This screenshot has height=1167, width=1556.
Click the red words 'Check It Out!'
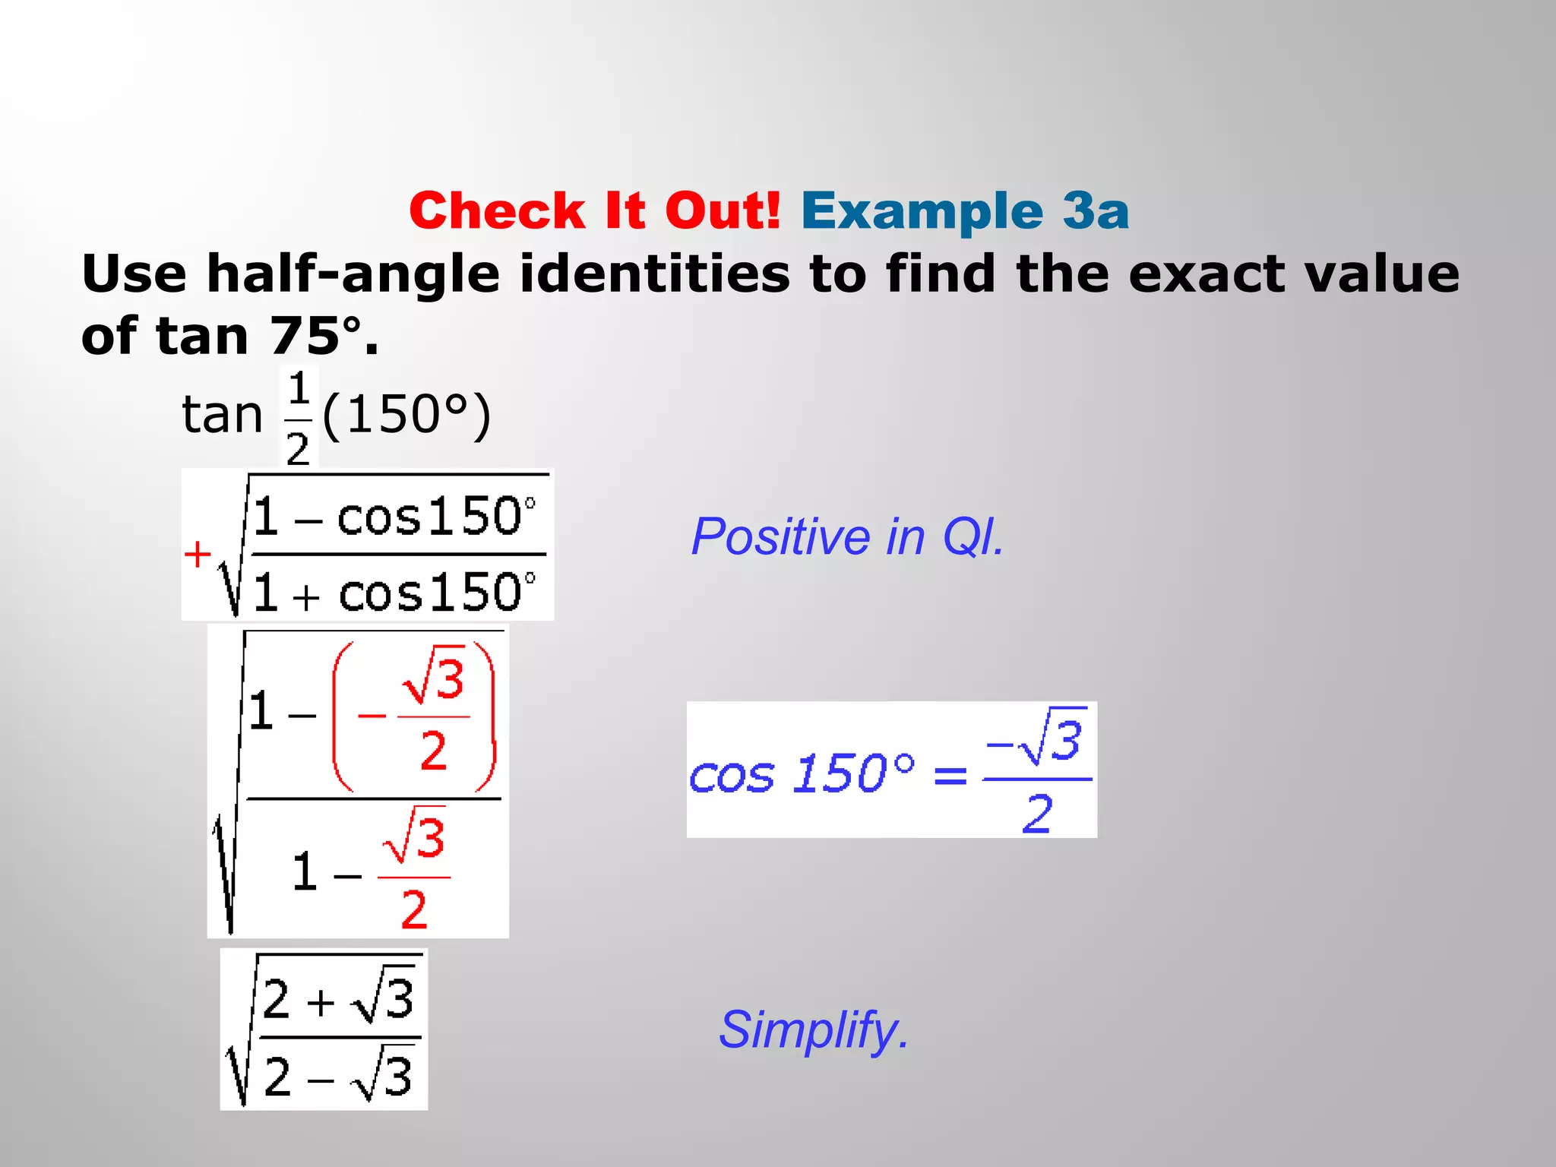click(x=595, y=210)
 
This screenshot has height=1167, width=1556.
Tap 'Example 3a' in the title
click(x=965, y=210)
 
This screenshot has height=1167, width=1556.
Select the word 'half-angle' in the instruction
click(x=353, y=274)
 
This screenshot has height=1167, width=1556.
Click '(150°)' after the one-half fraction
click(x=406, y=415)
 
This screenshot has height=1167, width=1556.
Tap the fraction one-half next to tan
click(x=298, y=418)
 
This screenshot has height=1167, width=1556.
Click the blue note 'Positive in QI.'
click(x=847, y=537)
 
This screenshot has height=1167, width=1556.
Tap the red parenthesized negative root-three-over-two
click(x=414, y=716)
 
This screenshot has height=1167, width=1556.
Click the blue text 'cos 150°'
click(x=802, y=775)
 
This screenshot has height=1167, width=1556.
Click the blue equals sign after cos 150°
click(x=950, y=776)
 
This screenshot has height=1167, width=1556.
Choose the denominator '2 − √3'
click(x=338, y=1077)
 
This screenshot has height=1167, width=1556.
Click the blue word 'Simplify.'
click(x=814, y=1030)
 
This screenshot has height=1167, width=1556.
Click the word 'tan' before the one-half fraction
click(x=222, y=415)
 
